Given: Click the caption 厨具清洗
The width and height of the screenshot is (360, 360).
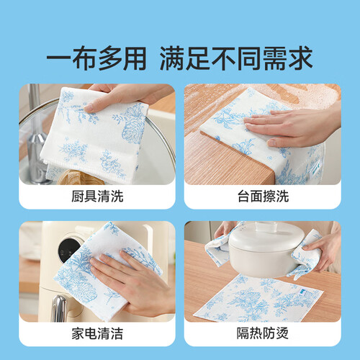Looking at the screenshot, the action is pos(97,197).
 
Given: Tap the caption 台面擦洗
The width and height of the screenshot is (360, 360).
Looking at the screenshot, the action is pos(263,197).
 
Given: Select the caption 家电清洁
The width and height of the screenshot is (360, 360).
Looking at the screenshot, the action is pos(97,333).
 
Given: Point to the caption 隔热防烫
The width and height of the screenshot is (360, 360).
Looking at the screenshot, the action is pos(263,333).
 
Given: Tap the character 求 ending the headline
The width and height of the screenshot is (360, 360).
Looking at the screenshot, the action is pos(300,58).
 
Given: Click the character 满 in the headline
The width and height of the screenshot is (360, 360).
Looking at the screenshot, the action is pos(172,58).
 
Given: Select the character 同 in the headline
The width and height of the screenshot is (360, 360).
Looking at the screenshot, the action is pos(248,58).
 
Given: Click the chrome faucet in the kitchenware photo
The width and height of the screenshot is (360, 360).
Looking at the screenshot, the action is pos(36,135).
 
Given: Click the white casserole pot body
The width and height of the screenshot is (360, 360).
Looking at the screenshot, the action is pos(265,257).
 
